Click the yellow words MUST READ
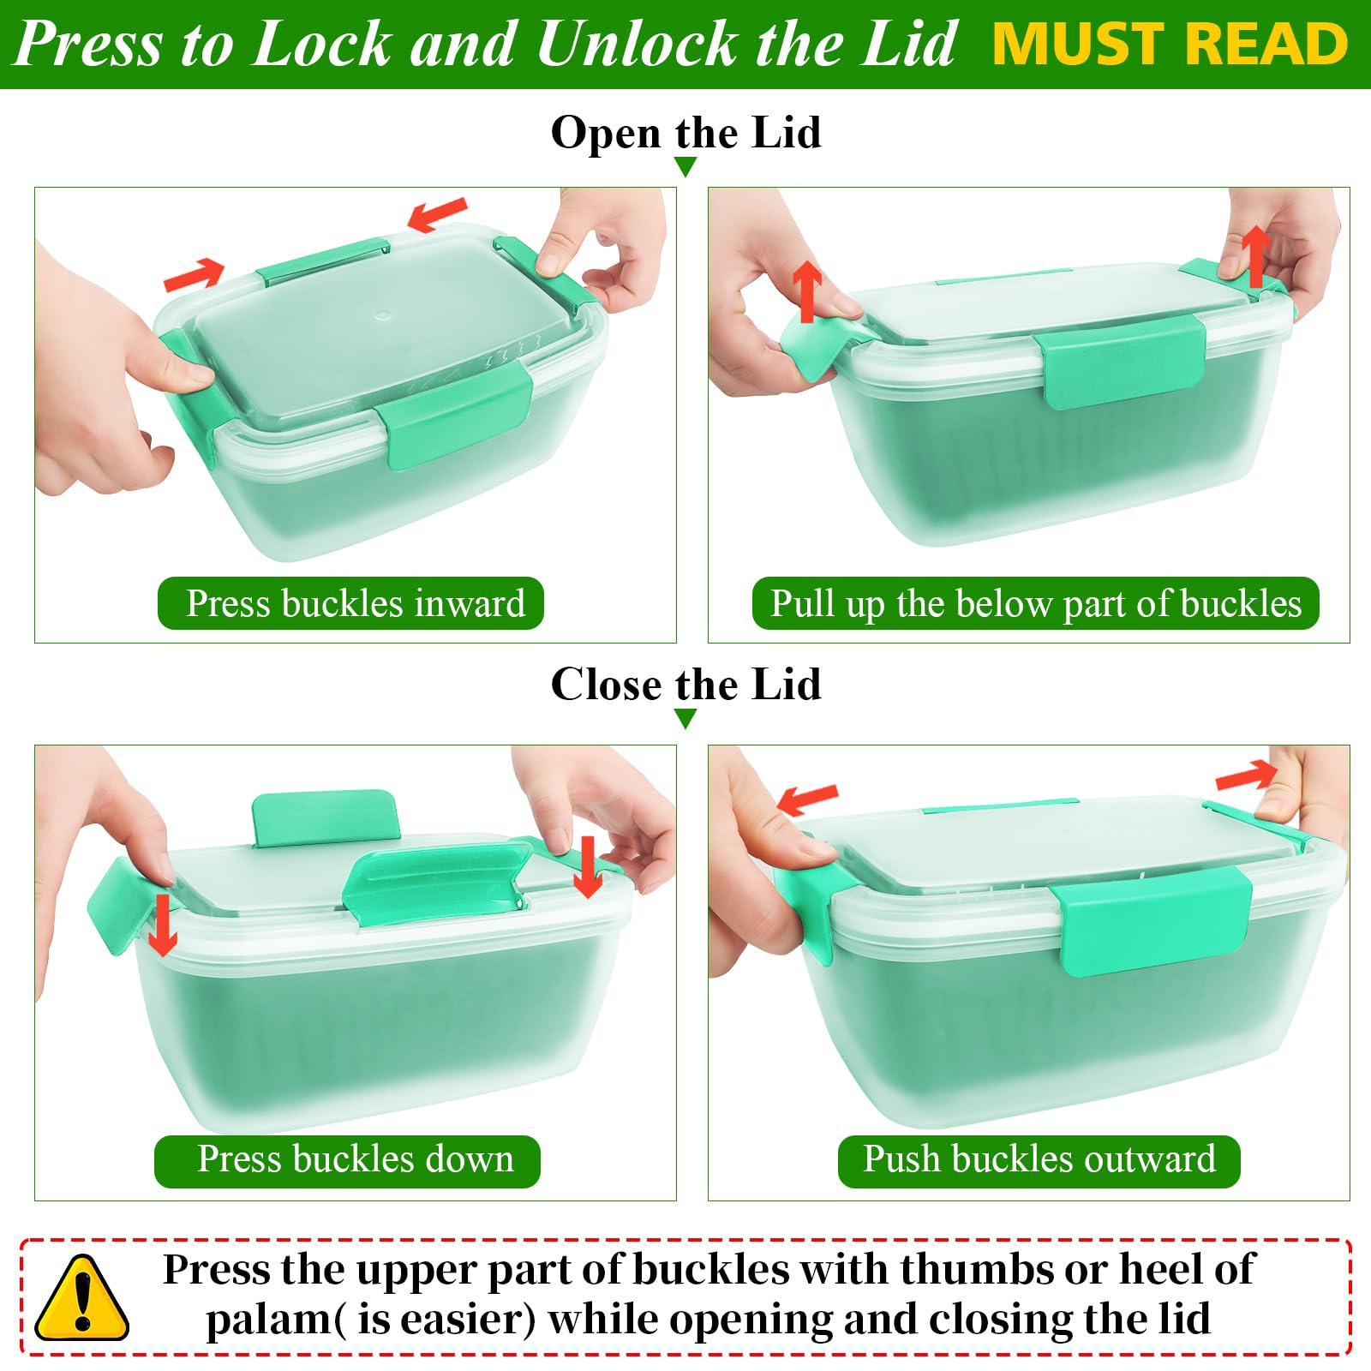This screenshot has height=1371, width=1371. [1170, 44]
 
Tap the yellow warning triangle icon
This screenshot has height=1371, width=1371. [81, 1297]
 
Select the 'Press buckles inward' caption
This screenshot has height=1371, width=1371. [355, 603]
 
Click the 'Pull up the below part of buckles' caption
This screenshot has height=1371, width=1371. [1035, 603]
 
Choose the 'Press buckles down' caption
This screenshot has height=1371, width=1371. [356, 1158]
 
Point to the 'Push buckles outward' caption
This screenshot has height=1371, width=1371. [1039, 1158]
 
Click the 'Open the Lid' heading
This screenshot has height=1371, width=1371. [685, 133]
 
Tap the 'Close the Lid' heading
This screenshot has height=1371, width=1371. [685, 685]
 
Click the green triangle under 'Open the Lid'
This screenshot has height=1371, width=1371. [685, 167]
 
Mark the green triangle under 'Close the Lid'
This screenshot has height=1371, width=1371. [685, 719]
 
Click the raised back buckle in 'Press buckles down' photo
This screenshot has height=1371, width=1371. [326, 817]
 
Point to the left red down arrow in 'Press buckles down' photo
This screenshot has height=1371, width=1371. [162, 925]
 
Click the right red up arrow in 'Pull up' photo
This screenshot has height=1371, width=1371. [1255, 255]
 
